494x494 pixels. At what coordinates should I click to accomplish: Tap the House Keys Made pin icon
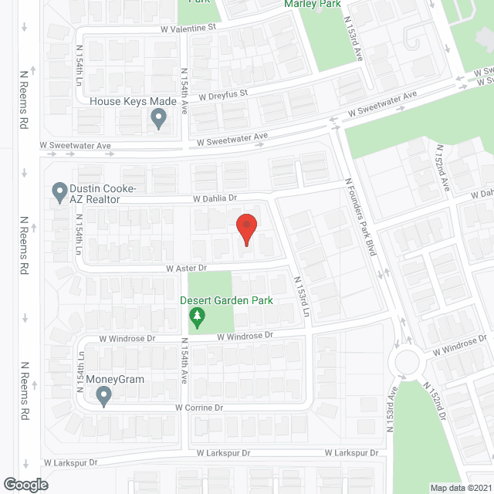(159, 119)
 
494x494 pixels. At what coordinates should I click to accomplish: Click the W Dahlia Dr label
(209, 198)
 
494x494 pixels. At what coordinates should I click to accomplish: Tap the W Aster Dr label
(186, 269)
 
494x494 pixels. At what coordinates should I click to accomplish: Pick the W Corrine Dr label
(199, 408)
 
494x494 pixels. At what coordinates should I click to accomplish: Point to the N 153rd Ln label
(301, 297)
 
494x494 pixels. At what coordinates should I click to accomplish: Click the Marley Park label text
(312, 4)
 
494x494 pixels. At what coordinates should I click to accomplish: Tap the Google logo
(25, 484)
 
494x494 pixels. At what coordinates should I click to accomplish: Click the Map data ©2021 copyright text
(459, 487)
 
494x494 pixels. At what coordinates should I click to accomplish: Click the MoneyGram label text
(115, 379)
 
